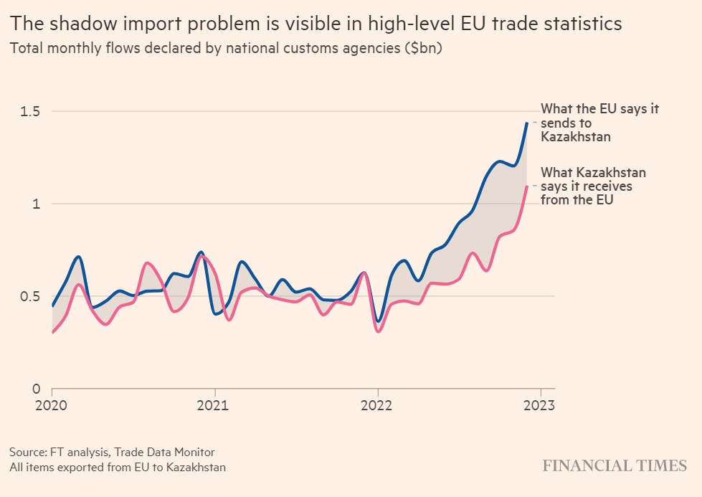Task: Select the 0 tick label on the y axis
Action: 34,389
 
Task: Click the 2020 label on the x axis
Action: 52,404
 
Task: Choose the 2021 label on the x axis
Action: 214,404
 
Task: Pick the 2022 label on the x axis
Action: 377,404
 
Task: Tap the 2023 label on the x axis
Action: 539,404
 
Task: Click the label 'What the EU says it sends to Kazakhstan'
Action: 599,123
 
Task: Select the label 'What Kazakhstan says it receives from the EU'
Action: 594,186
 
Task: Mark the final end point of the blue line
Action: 527,123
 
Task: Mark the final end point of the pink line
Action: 527,186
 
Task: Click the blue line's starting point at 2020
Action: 52,306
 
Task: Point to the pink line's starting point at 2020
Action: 52,333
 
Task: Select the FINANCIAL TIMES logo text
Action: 615,465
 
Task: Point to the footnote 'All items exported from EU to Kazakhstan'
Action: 118,468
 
